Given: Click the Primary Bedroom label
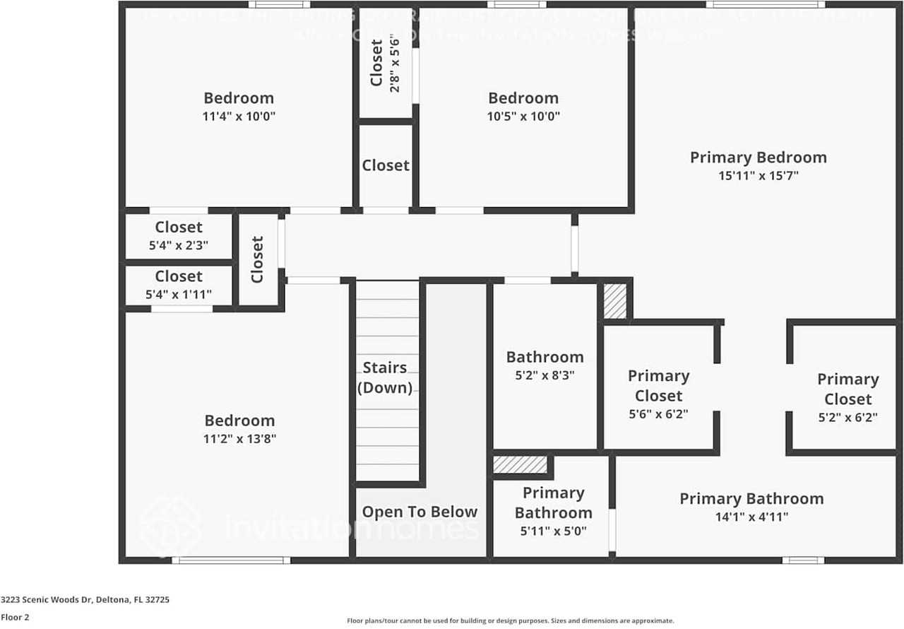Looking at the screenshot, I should (758, 157).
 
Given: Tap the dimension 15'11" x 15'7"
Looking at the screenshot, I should (758, 176).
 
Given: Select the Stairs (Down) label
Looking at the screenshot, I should (385, 377).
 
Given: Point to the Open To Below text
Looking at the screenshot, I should (420, 512).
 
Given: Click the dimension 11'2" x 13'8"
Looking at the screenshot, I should (239, 439).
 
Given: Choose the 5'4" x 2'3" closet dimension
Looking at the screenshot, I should (179, 245).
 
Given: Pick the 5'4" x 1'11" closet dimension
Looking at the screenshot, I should (179, 295).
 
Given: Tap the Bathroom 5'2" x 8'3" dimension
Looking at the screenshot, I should (545, 375).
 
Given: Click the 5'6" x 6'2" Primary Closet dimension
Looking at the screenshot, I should (658, 415).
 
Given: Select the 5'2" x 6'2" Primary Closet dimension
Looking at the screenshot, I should (847, 418).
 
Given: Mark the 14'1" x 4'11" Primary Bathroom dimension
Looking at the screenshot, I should (751, 517).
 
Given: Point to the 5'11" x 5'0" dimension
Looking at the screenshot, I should (553, 531).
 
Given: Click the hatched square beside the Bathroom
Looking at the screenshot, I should (615, 301).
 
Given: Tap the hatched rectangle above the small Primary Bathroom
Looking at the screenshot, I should (520, 465).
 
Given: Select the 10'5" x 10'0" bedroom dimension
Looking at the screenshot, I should (523, 117).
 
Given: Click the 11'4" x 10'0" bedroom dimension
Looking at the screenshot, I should (239, 117).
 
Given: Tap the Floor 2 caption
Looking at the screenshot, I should (15, 617).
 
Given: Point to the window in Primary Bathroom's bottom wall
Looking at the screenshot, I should (803, 560).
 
